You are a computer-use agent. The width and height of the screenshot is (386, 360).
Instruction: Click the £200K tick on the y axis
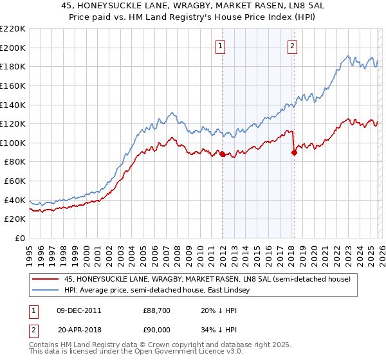click(x=13, y=48)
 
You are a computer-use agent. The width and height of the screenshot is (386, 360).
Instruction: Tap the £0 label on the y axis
click(x=19, y=239)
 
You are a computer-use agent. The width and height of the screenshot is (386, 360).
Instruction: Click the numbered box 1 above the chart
click(x=221, y=45)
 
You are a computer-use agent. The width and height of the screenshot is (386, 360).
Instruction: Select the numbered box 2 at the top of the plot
click(x=293, y=45)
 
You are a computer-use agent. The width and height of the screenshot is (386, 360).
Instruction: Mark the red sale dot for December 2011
click(x=222, y=154)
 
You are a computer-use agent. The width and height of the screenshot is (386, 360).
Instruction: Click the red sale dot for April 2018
click(x=294, y=153)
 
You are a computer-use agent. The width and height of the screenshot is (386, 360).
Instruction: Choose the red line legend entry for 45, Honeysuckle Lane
click(x=205, y=279)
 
